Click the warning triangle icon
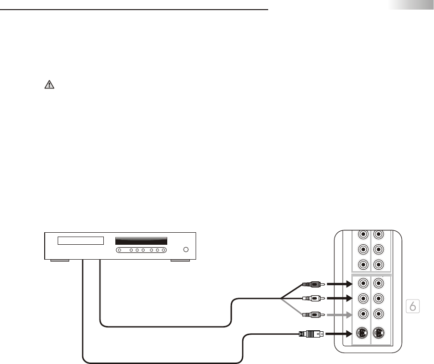(50, 85)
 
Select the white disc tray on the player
(81, 240)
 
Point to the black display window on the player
(141, 240)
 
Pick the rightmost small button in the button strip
(164, 250)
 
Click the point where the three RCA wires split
(281, 299)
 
